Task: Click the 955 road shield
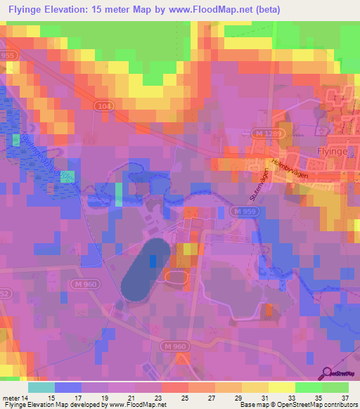pyautogui.click(x=8, y=54)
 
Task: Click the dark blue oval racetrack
pyautogui.click(x=145, y=270)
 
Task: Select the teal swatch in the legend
pyautogui.click(x=41, y=387)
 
